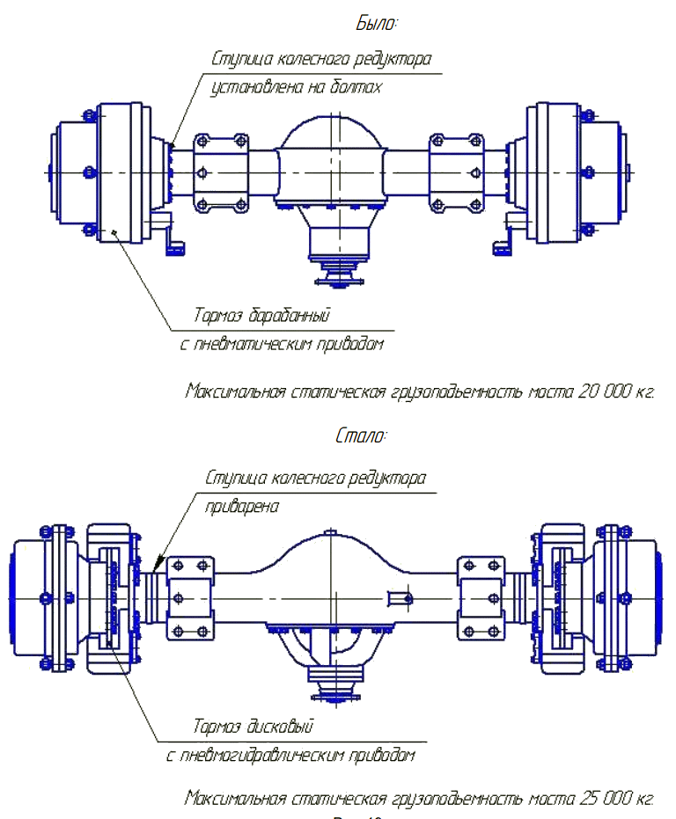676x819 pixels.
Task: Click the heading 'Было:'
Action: (377, 23)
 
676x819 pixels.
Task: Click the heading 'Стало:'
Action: (361, 435)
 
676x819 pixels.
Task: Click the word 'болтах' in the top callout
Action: (359, 88)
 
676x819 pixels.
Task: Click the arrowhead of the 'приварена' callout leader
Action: (158, 562)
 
